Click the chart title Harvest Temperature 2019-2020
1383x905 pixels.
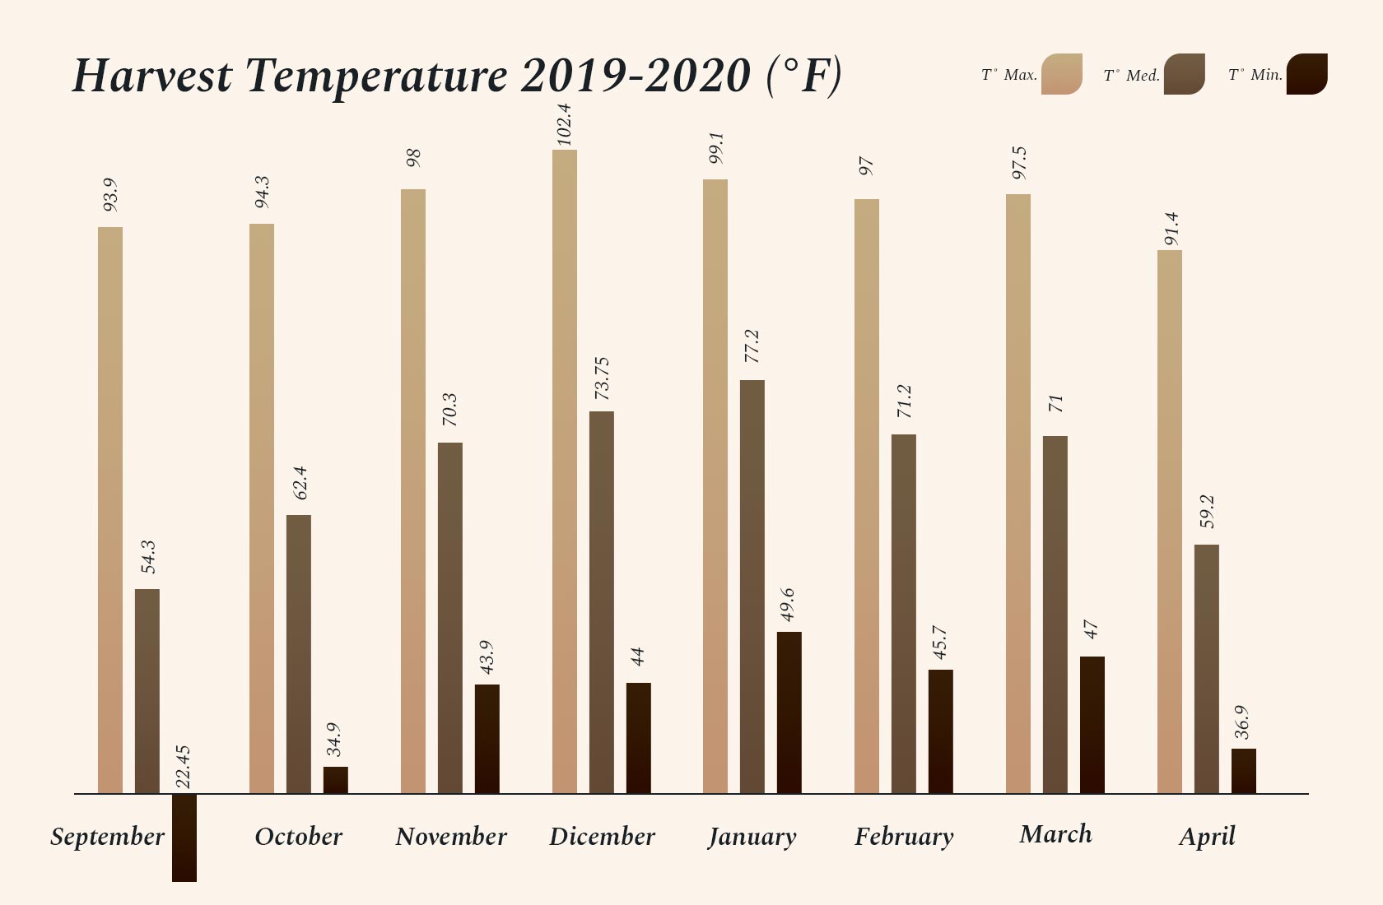[x=457, y=76]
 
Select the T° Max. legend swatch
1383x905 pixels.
[x=1061, y=74]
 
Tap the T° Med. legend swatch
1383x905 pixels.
[x=1184, y=74]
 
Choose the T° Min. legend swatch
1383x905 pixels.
[x=1306, y=74]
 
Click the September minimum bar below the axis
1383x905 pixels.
[x=184, y=838]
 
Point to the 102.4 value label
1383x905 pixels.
[x=564, y=125]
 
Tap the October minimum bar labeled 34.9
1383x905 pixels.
[x=336, y=780]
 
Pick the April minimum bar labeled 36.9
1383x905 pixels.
[x=1244, y=771]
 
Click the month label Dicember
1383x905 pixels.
[x=602, y=837]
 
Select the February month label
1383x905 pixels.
[x=904, y=837]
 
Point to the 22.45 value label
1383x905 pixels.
[x=183, y=767]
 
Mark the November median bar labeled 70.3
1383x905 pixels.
[x=450, y=618]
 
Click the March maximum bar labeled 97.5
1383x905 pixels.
[x=1018, y=494]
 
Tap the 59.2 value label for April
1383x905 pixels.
[x=1207, y=512]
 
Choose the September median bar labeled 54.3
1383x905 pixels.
[x=147, y=691]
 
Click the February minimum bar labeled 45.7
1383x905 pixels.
[x=941, y=731]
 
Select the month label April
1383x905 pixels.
[x=1207, y=837]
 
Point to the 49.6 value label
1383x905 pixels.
[x=788, y=605]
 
